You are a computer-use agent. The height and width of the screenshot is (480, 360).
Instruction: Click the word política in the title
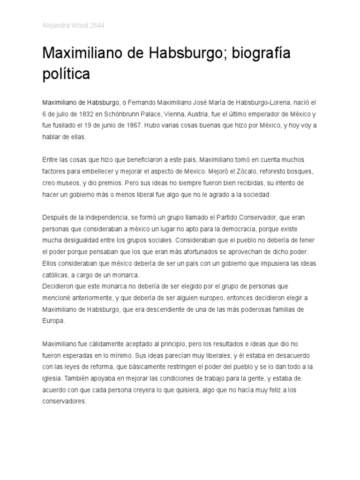tap(66, 74)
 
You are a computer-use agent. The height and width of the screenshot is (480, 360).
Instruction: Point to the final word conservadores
tap(65, 402)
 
